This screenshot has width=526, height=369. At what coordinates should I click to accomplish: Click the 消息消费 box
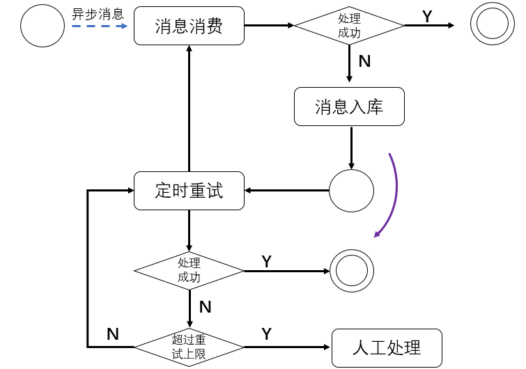[189, 26]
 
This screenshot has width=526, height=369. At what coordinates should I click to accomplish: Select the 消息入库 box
[349, 107]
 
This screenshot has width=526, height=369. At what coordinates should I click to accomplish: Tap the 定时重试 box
[189, 190]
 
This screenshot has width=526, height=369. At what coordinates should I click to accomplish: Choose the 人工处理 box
[387, 347]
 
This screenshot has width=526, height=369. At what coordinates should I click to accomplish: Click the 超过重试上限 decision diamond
[189, 346]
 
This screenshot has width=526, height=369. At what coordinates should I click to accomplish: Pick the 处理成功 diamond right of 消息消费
[349, 26]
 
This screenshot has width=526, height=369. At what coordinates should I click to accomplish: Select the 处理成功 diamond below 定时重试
[189, 270]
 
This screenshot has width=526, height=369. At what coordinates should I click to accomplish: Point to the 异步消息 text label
[98, 13]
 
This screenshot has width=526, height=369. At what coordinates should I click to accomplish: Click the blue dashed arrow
[99, 26]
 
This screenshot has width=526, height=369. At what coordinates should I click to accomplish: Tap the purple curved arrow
[394, 191]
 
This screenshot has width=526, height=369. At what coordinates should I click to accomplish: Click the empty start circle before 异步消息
[42, 26]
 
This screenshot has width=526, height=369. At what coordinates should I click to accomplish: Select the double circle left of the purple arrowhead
[352, 270]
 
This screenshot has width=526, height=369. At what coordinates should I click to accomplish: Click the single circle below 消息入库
[351, 190]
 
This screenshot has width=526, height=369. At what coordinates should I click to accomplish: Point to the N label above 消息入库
[364, 61]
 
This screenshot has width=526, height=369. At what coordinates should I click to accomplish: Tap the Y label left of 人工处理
[266, 334]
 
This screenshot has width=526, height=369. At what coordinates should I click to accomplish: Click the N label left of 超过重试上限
[113, 334]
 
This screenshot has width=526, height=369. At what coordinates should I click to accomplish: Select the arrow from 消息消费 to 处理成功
[269, 26]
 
